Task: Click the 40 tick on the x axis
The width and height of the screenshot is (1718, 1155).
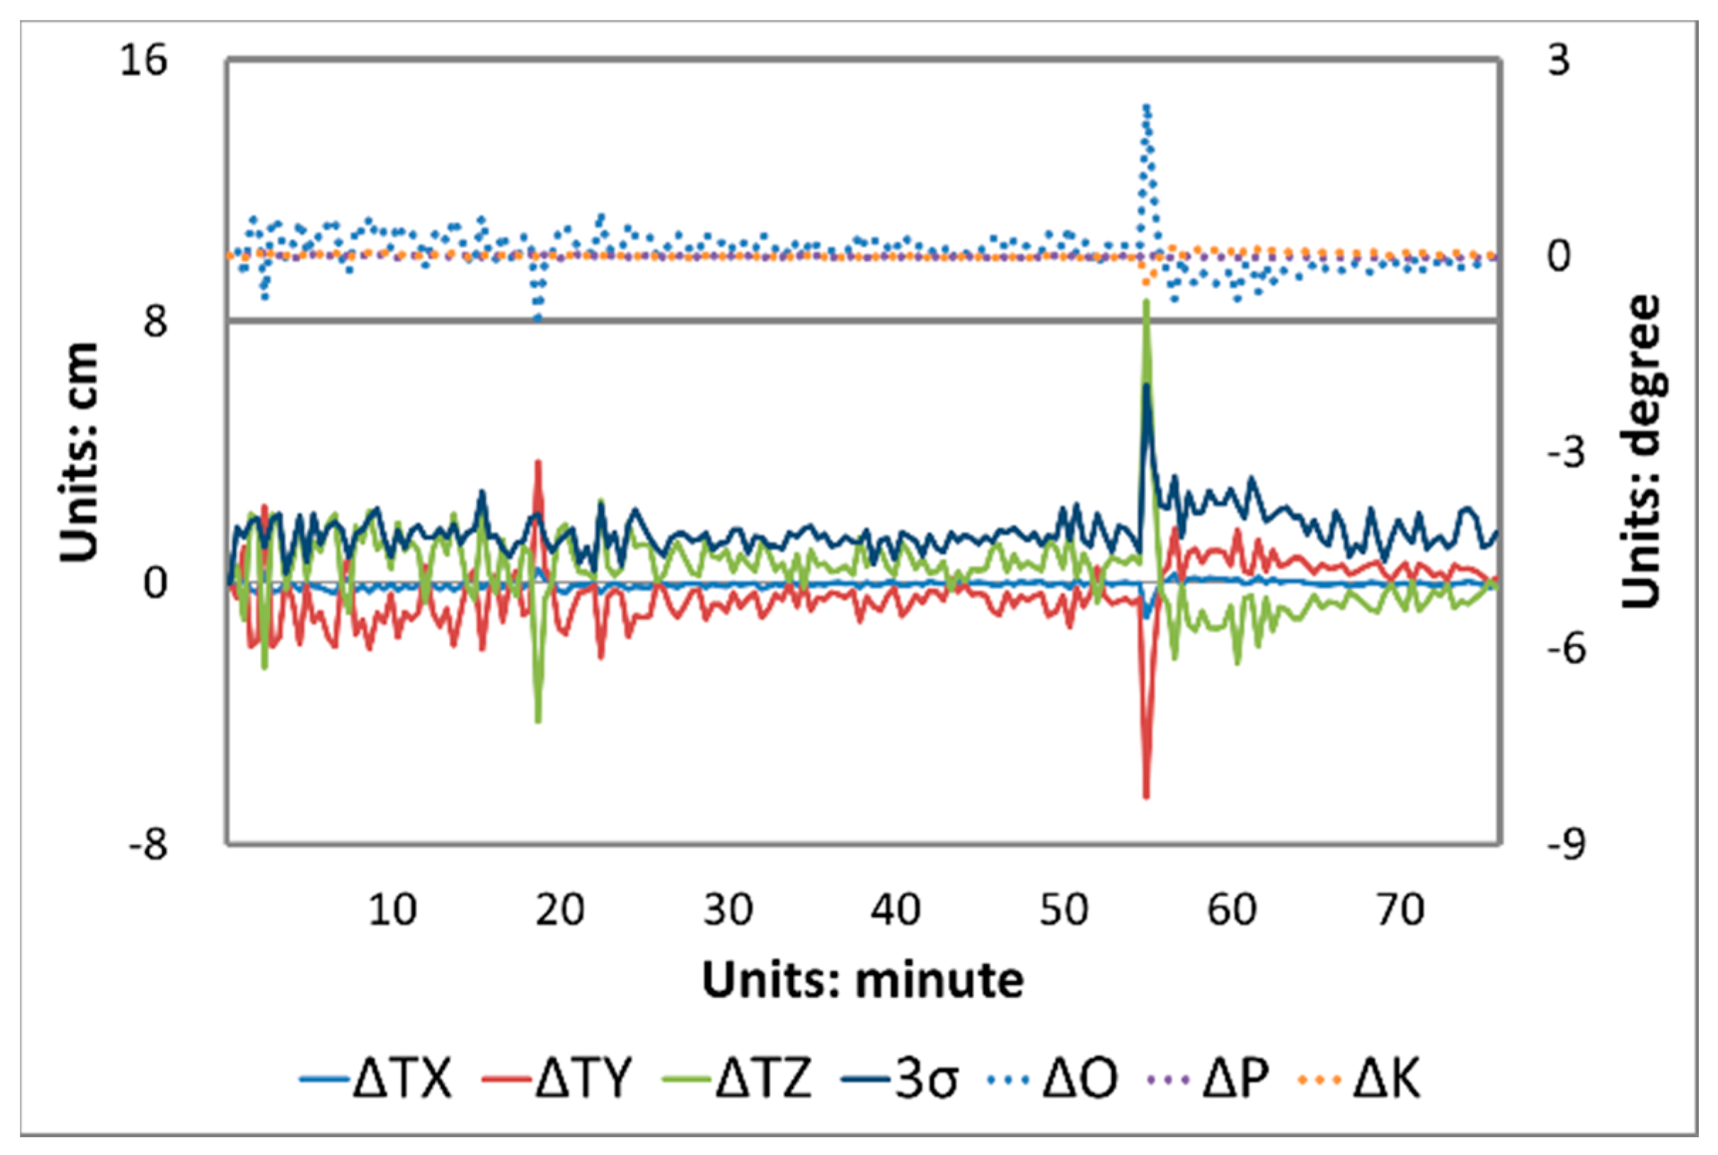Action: pyautogui.click(x=896, y=910)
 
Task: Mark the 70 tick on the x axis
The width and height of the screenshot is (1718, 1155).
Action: pyautogui.click(x=1400, y=910)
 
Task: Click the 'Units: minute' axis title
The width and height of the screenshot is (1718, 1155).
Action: pyautogui.click(x=863, y=980)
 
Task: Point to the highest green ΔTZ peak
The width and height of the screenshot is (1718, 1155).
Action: pyautogui.click(x=1145, y=301)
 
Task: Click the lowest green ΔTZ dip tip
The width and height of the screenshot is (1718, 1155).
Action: pyautogui.click(x=539, y=722)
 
